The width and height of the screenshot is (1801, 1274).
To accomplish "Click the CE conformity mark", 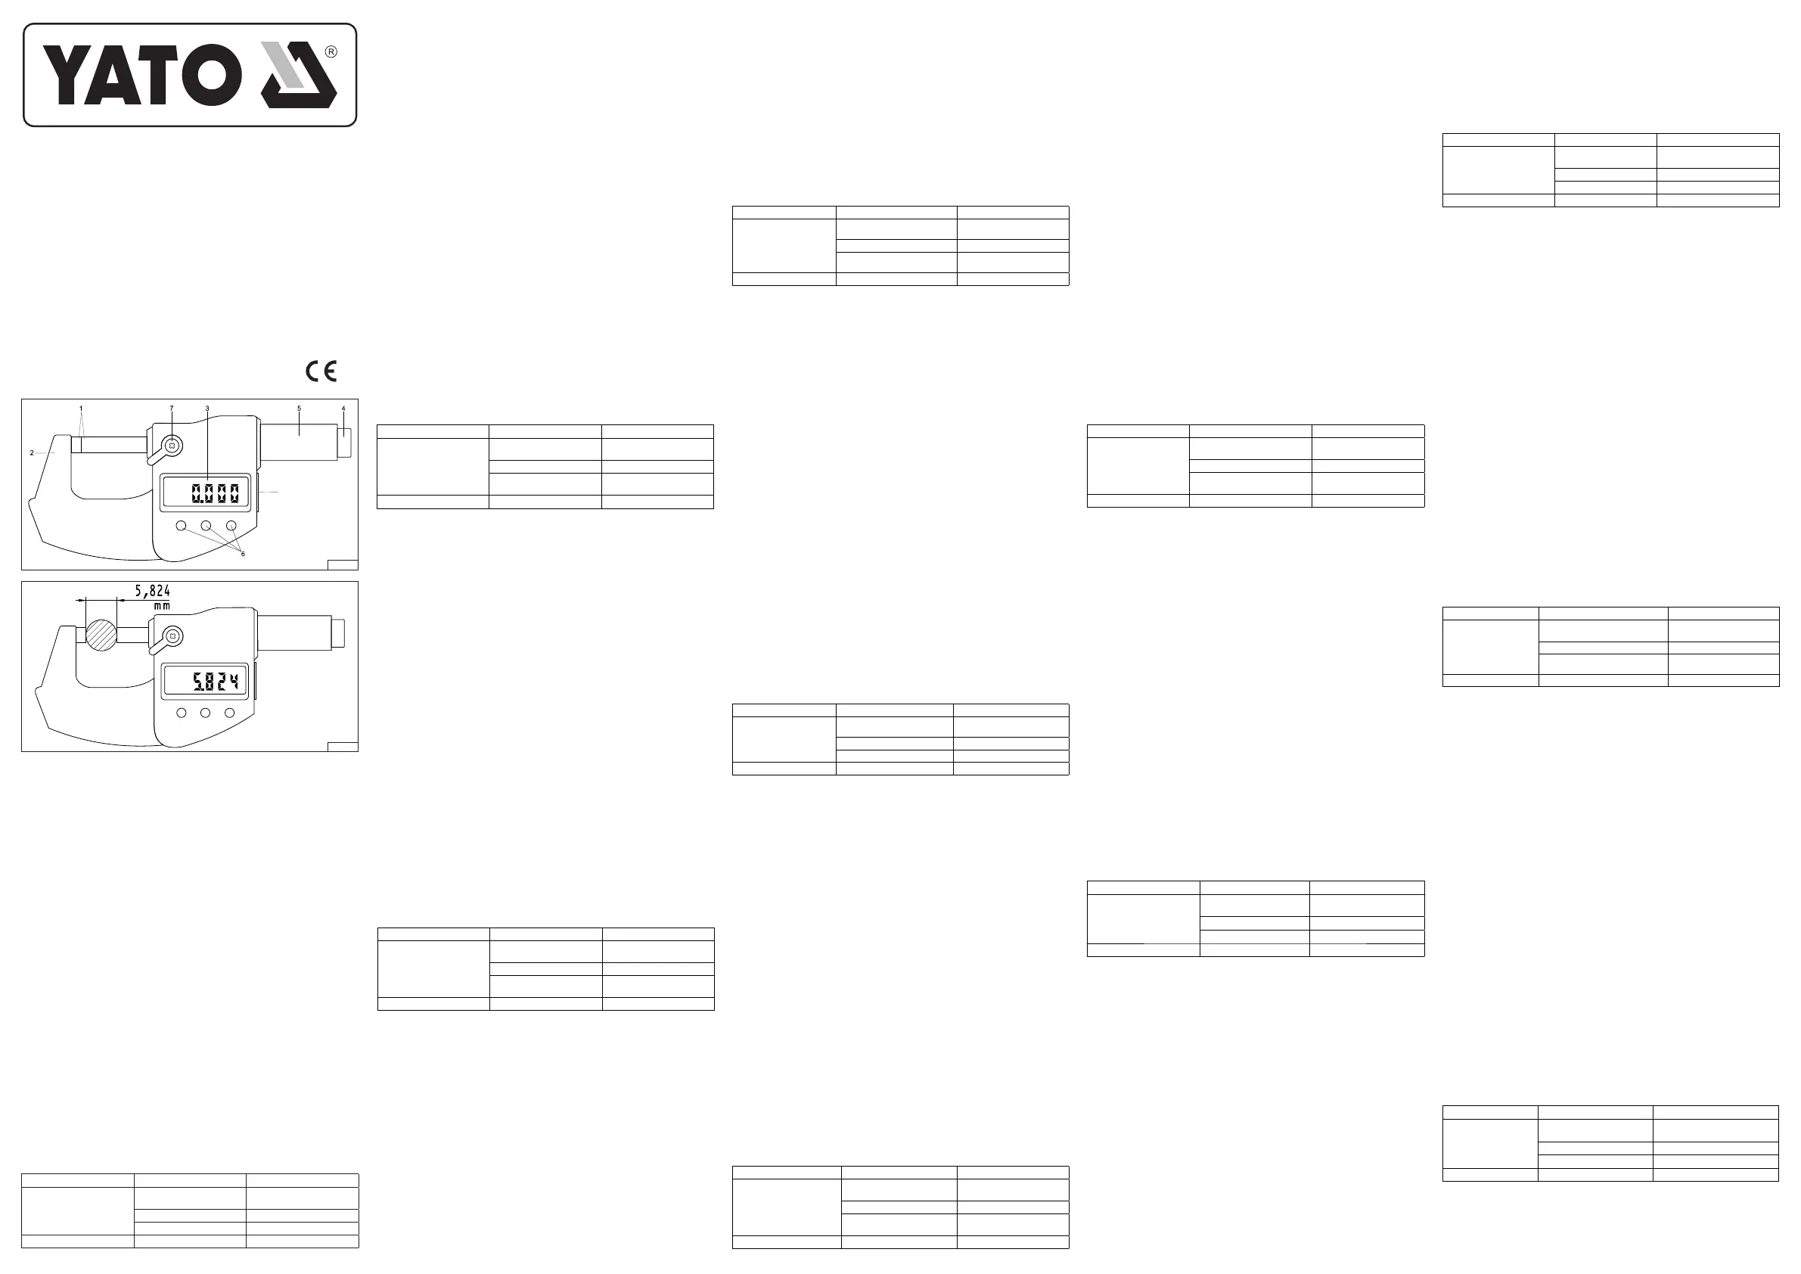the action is coord(321,371).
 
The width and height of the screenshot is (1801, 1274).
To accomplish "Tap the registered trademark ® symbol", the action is coord(331,51).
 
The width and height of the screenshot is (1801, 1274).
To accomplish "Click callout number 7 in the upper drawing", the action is coord(172,408).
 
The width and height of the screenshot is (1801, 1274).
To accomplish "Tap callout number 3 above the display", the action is coord(207,408).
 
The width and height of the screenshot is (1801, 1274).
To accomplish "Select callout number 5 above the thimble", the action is coord(299,408).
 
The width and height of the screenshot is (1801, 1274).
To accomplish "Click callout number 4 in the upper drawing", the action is coord(343,408).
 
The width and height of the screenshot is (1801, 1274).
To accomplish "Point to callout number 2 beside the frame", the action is coord(31,452).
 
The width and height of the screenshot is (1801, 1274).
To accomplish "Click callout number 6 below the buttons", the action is coord(242,554).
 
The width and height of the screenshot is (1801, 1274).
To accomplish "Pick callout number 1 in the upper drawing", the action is coord(81,408).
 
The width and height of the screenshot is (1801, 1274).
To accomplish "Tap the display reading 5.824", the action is coord(215,681).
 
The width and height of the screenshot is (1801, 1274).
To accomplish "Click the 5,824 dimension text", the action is coord(152,591).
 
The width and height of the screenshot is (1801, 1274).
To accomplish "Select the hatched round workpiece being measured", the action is coord(101,635).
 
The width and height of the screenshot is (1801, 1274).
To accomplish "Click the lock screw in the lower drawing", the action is coord(174,635).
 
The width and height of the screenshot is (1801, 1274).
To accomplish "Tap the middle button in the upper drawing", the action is coord(206,526).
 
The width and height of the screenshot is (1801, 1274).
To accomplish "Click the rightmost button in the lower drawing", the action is coord(230,713).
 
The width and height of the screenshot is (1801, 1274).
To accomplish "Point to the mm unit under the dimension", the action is coord(162,607).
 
